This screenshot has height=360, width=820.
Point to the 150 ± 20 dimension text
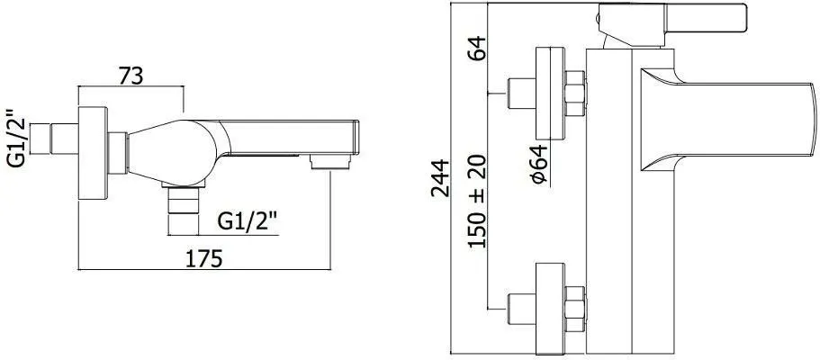pos(476,199)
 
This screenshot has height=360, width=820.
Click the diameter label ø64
pos(539,165)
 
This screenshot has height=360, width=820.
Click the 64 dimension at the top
pos(476,47)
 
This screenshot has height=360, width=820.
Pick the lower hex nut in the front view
pos(574,302)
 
